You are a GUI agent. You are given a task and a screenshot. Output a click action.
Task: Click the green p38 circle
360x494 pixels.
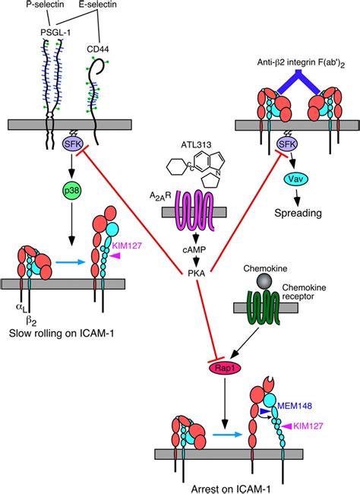pos(72,190)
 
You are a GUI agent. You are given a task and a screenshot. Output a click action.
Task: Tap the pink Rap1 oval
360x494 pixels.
pos(225,368)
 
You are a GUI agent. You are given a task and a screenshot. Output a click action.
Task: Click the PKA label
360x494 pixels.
pos(196,274)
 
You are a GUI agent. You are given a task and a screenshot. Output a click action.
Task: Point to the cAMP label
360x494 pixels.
pos(194,250)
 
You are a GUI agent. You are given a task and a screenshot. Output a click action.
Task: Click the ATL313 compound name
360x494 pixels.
pos(196,145)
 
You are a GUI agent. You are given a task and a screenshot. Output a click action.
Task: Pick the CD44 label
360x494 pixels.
pos(98,49)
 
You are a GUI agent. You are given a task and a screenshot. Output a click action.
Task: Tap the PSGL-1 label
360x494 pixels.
pos(55,32)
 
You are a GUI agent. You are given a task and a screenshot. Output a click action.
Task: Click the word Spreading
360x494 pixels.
pos(298,214)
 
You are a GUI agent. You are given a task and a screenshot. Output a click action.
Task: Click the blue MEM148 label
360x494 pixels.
pos(295,406)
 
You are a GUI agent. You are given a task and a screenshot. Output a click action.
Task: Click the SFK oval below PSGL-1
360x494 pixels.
pos(73,144)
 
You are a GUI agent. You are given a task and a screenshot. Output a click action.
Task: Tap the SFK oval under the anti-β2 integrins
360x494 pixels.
pos(287,144)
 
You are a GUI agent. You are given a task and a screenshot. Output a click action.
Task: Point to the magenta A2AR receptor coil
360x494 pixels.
pos(194,210)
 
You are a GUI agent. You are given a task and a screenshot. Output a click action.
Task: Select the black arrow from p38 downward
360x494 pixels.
pos(72,223)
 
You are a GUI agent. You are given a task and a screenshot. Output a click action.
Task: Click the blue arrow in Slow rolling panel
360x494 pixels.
pos(71,261)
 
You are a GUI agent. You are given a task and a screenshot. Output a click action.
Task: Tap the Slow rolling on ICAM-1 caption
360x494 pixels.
pos(62,333)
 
